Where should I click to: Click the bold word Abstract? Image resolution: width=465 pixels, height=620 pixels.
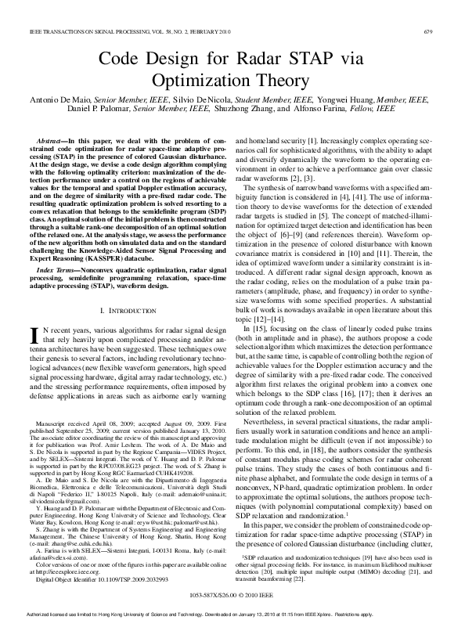click(52, 137)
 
